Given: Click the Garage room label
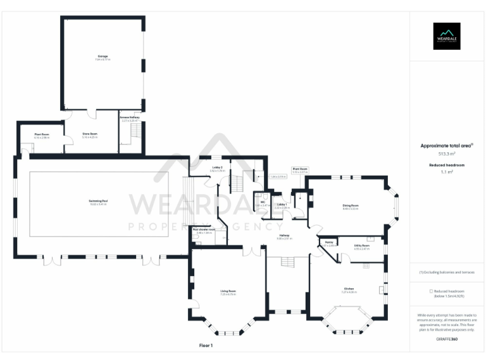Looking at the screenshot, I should (x=101, y=57).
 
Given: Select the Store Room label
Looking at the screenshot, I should (x=90, y=134).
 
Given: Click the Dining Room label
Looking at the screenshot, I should (x=351, y=206).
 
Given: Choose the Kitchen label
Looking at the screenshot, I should (x=348, y=290).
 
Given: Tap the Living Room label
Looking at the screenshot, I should (x=228, y=292).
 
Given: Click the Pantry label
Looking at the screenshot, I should (x=329, y=243).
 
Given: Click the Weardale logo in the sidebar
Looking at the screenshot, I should (x=447, y=36).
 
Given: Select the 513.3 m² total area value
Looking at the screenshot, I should (x=447, y=154).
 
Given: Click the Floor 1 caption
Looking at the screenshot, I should (x=206, y=346).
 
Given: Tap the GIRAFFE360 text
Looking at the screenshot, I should (x=447, y=339).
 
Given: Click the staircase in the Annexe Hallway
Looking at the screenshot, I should (x=135, y=132).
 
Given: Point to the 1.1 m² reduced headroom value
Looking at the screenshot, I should (x=447, y=171).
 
